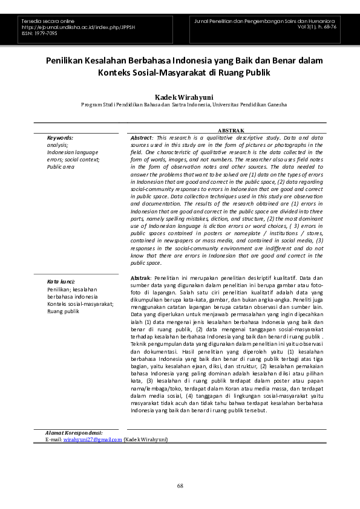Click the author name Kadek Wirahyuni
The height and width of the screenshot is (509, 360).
click(180, 97)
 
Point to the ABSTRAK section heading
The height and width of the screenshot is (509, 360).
click(231, 131)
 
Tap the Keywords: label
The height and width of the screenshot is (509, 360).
click(60, 138)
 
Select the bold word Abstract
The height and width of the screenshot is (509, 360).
click(142, 138)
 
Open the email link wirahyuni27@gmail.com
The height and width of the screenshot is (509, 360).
click(93, 439)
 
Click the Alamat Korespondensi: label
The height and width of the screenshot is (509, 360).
click(74, 433)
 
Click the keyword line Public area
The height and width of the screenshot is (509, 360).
click(61, 166)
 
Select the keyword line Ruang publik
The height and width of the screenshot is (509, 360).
click(64, 311)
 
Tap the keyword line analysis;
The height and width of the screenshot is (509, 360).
click(57, 145)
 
